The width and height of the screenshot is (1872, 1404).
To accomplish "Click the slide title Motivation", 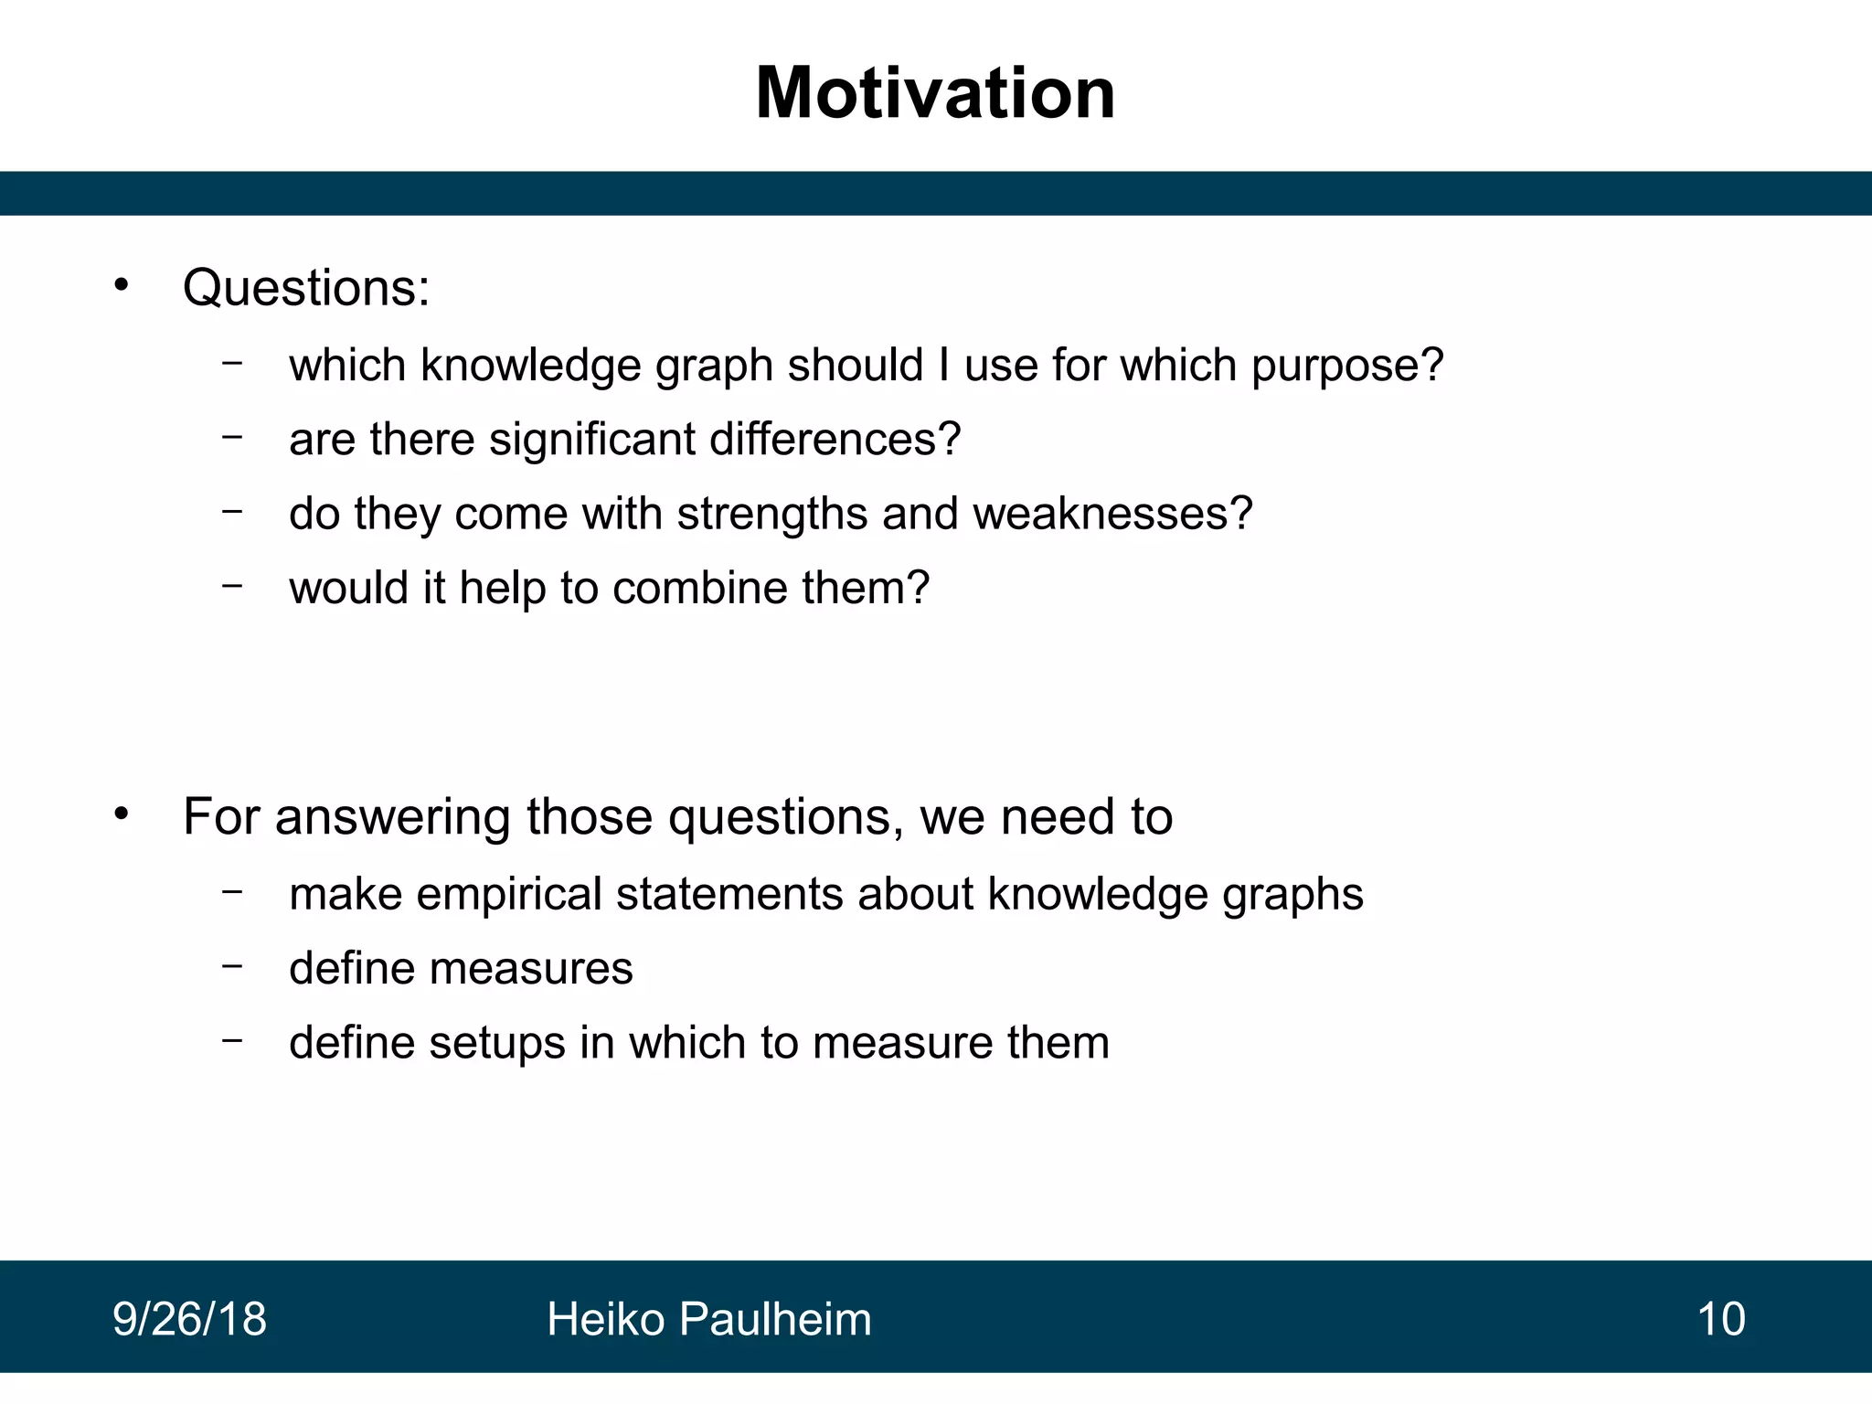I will pos(935,93).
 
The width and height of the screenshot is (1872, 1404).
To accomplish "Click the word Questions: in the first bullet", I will pos(305,288).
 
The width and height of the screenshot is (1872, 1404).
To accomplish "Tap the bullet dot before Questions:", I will pos(122,284).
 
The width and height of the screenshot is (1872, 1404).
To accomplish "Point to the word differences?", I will pos(835,440).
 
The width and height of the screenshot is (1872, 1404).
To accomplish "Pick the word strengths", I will pos(771,514).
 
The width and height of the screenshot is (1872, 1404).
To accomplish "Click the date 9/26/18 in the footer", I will pos(189,1319).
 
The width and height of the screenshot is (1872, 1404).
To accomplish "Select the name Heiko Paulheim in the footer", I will pos(708,1319).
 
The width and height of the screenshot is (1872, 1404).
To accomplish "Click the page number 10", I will pos(1720,1319).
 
